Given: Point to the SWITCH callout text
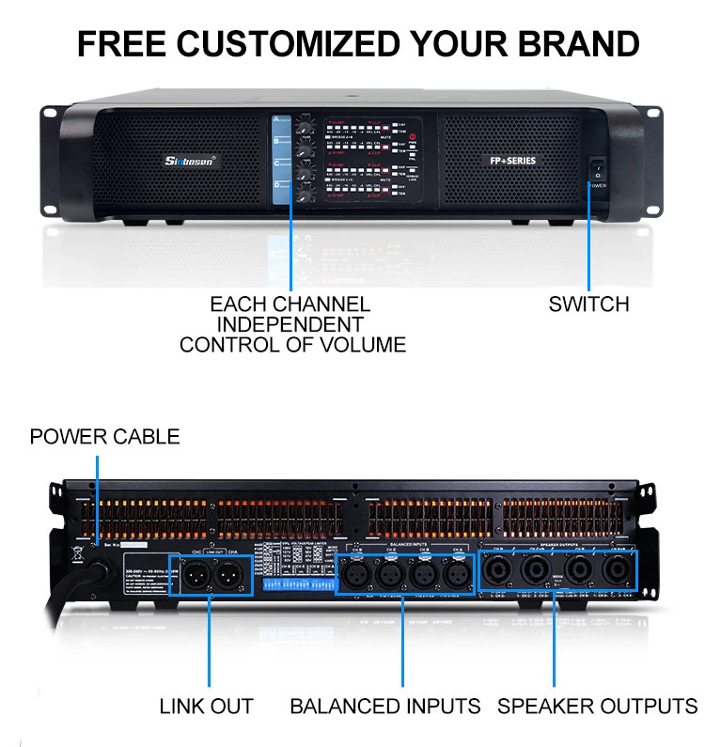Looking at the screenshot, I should [589, 303].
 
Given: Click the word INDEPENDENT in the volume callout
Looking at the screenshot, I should [290, 324].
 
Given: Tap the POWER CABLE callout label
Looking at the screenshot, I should [104, 437].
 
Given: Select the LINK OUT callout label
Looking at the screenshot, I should [206, 706].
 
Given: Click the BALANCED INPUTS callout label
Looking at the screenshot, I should [384, 706].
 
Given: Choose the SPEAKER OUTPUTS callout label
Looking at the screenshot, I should [597, 706].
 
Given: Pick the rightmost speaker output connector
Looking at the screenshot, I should [617, 570].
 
